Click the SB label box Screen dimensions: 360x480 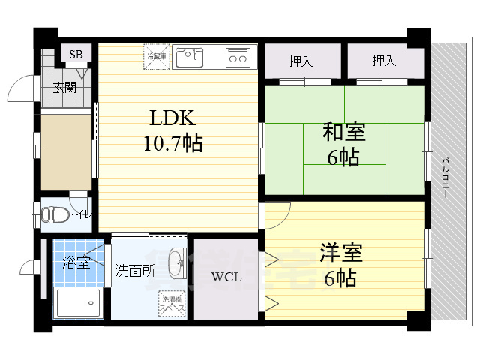coord(76,54)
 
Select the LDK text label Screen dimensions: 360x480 coord(172,118)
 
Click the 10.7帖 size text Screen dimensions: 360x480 coord(172,142)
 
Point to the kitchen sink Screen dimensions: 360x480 coord(189,57)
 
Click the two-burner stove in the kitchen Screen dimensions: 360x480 coord(238,57)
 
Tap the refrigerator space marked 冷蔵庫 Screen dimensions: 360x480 coord(157,57)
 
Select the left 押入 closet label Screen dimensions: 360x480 coord(301,61)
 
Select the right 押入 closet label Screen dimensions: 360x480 coord(384,61)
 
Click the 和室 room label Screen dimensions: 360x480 coord(344,133)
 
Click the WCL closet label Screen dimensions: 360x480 coord(226,277)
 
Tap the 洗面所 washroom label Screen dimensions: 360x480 coord(135,271)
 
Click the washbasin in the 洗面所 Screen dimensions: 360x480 coord(177,264)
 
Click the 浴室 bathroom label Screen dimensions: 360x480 coord(76,262)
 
